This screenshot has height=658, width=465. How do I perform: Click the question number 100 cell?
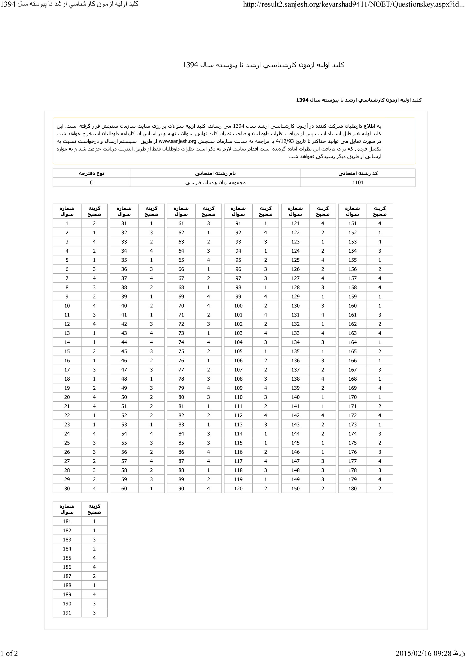[x=238, y=306]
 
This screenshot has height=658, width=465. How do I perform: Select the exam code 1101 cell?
[x=358, y=183]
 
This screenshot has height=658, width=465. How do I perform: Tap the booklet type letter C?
[x=91, y=183]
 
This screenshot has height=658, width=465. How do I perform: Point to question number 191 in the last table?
[x=67, y=613]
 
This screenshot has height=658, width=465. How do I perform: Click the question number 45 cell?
[x=124, y=351]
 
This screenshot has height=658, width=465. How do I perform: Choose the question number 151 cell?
[x=352, y=224]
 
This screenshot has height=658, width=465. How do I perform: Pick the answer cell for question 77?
[x=208, y=370]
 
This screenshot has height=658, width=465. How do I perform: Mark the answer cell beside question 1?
[x=94, y=224]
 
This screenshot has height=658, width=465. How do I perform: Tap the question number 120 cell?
[x=238, y=489]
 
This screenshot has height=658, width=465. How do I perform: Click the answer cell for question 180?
[x=379, y=489]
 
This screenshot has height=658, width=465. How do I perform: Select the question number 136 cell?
[x=295, y=361]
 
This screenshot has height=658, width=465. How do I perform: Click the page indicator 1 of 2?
[x=9, y=653]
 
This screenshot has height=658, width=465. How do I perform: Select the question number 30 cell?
[x=67, y=489]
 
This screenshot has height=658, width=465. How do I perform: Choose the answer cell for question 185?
[x=94, y=558]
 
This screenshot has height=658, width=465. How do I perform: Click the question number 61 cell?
[x=181, y=224]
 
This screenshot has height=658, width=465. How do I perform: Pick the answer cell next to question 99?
[x=265, y=297]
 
